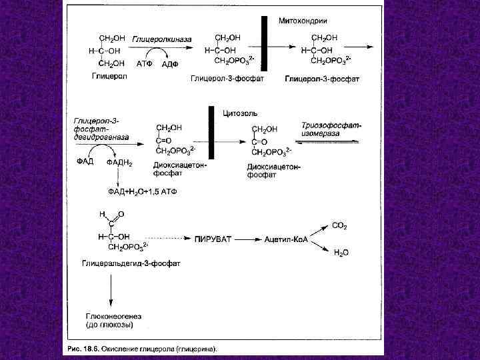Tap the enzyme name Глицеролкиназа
click(x=162, y=39)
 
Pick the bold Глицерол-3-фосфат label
click(x=322, y=79)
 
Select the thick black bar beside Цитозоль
click(x=212, y=133)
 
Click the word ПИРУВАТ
click(x=213, y=238)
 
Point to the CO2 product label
click(x=339, y=227)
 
